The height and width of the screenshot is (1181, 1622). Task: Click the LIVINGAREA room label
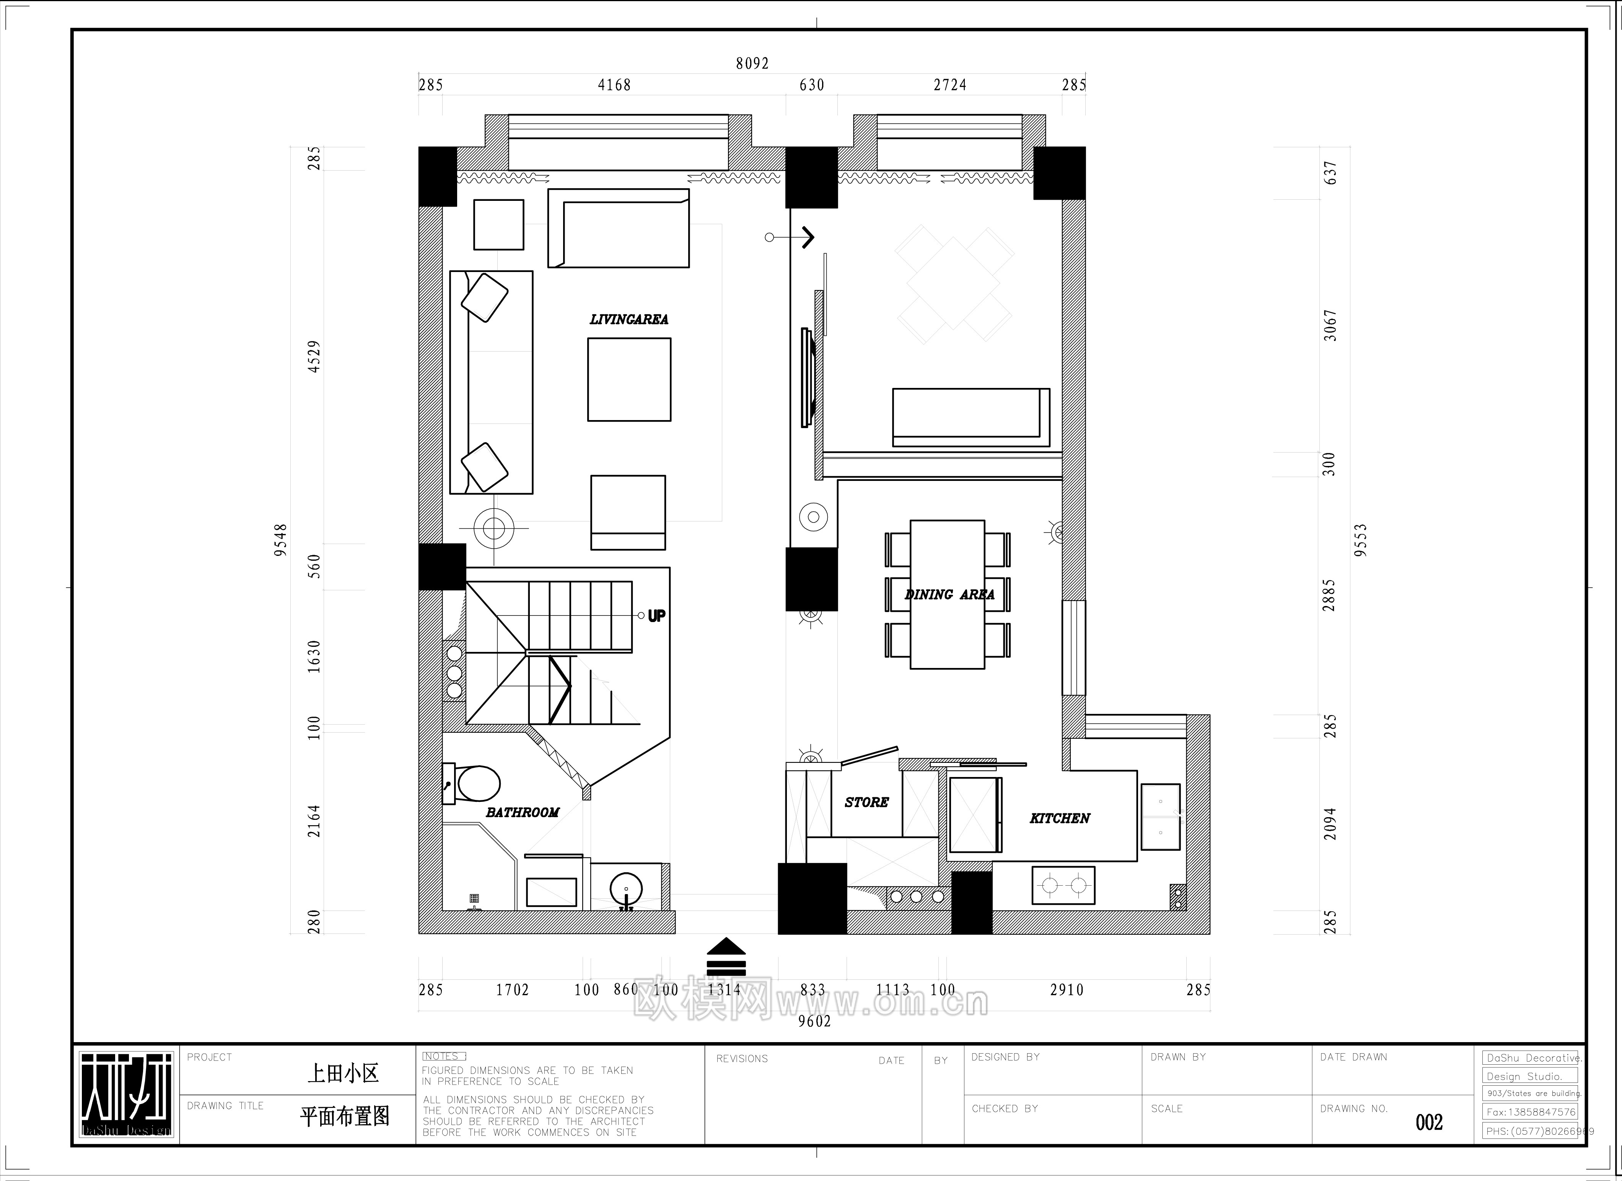[629, 320]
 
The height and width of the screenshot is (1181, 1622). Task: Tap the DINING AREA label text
[949, 595]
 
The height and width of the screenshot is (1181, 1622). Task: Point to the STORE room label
[866, 803]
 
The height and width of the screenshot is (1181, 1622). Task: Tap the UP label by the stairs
[656, 616]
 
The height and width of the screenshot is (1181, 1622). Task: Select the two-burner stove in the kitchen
[1063, 886]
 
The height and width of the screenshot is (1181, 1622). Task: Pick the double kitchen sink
[1160, 817]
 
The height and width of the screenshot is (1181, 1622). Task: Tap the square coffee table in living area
[629, 379]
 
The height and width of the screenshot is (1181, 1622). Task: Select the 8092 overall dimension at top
[752, 64]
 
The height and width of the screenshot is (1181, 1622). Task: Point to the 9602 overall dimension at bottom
[814, 1021]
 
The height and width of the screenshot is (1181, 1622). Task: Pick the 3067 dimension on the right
[1329, 326]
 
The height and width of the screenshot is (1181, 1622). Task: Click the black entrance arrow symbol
[726, 956]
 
